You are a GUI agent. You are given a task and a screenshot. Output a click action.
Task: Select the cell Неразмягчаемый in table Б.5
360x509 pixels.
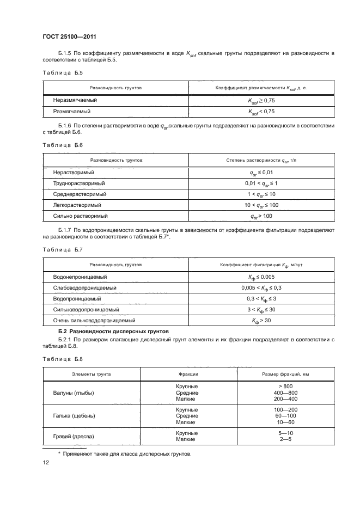[75, 100]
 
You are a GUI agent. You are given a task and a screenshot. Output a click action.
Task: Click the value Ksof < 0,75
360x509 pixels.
[261, 111]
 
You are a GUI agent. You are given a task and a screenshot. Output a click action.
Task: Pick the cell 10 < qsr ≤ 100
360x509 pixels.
[261, 205]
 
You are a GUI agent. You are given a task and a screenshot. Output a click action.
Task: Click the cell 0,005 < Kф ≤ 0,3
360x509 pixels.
[261, 287]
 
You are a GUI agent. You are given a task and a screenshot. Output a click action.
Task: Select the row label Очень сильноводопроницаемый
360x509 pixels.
[94, 321]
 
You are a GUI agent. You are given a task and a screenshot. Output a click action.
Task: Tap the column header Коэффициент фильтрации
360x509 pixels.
[261, 264]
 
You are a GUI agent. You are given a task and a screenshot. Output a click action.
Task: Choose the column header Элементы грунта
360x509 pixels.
[91, 374]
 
